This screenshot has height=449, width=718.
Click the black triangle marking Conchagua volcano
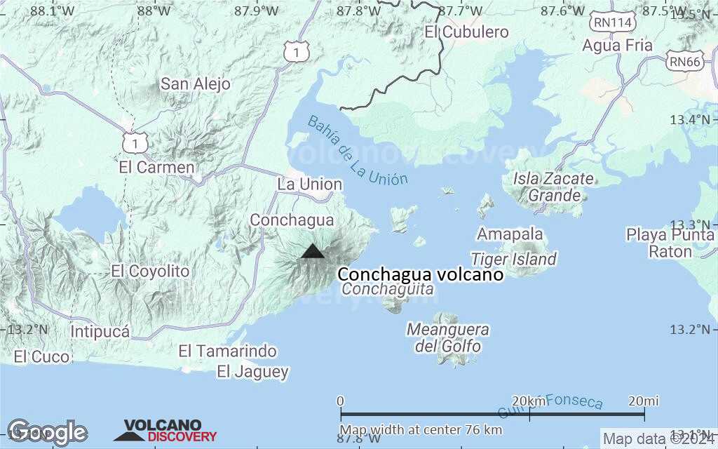(313, 251)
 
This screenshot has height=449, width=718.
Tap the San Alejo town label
(196, 84)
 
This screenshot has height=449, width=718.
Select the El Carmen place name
(156, 168)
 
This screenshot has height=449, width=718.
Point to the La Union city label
(310, 185)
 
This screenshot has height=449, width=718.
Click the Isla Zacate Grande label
(553, 187)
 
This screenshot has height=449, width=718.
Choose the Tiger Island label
(514, 259)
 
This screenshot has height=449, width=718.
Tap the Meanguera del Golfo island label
(448, 337)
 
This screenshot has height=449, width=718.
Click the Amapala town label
(510, 234)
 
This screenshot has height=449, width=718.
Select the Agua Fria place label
(618, 46)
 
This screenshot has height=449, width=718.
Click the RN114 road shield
(613, 22)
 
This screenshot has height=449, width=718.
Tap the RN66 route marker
(685, 61)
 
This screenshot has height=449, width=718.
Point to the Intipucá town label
(100, 331)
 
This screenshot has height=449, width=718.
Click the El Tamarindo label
(227, 351)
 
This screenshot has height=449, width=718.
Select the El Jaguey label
(252, 372)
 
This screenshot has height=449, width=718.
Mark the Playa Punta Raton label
(670, 243)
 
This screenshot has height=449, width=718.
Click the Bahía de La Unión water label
(357, 151)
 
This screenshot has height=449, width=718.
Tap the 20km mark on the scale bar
(529, 401)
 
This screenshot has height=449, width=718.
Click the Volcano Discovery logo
(165, 431)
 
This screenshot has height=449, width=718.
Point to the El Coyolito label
(150, 271)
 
